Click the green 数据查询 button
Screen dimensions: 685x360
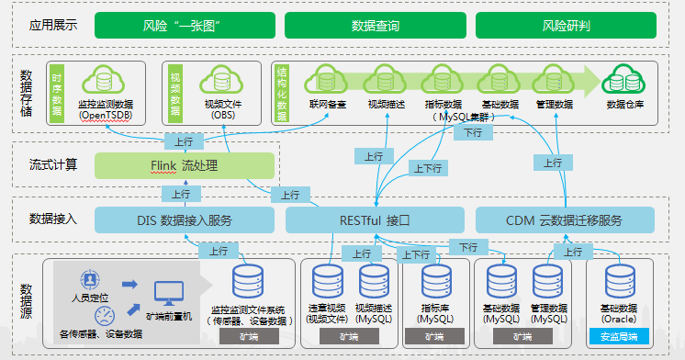pos(376,26)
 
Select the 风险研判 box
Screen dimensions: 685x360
pos(566,26)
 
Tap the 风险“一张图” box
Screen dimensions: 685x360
pos(185,26)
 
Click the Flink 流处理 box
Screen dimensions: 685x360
pos(185,165)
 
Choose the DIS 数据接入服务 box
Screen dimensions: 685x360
pos(185,220)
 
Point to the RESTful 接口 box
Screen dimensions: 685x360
pos(375,220)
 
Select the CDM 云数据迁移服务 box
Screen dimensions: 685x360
pos(565,220)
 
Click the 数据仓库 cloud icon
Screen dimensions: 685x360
pos(623,79)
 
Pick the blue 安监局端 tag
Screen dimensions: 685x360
pos(619,336)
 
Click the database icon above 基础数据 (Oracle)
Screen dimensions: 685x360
pos(620,282)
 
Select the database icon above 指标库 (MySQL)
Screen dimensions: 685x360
pos(436,282)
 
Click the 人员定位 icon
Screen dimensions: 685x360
pos(90,280)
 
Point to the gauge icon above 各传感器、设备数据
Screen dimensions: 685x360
pos(105,316)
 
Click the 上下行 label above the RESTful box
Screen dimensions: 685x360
pos(428,168)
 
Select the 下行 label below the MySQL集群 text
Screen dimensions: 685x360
pos(473,132)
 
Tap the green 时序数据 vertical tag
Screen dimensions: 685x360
pos(57,93)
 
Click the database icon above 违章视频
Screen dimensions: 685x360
pos(328,282)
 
